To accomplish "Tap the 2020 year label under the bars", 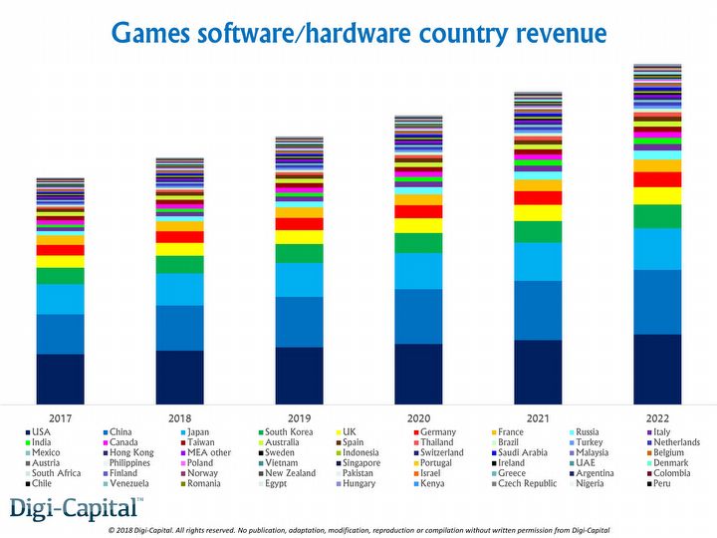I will pos(418,417).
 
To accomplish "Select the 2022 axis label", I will pos(657,417).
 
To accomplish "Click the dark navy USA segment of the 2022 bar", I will pos(657,369).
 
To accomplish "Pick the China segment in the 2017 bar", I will pos(60,334).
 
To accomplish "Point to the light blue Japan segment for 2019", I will pos(299,280).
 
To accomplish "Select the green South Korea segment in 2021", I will pos(538,232).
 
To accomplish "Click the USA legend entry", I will pos(40,431).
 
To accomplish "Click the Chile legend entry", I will pos(43,484).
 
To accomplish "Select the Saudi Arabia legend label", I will pos(523,453).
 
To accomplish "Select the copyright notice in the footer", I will pos(358,529).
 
